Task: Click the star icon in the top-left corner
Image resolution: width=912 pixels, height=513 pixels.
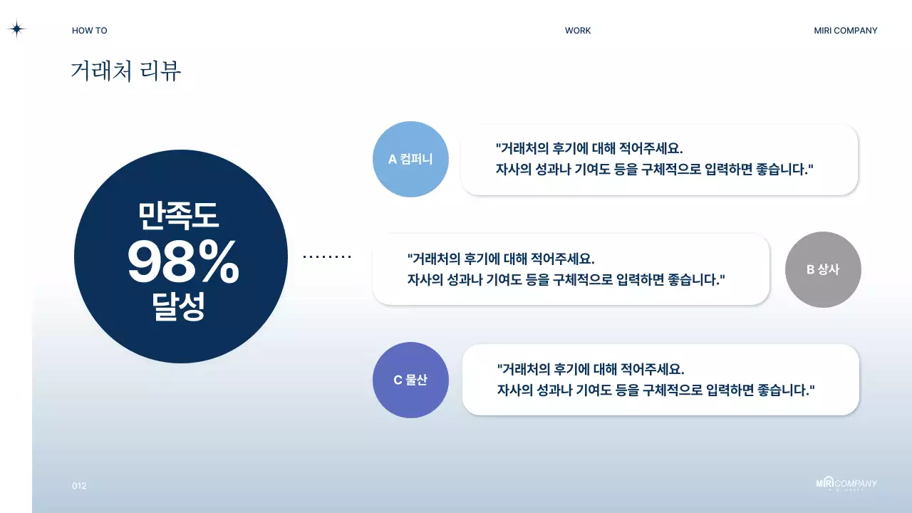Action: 16,29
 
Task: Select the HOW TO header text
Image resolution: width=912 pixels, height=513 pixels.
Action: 90,31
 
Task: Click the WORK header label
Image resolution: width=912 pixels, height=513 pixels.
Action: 578,31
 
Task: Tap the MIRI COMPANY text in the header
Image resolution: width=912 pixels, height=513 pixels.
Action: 846,31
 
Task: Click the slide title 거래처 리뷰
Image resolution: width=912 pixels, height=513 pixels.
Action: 126,71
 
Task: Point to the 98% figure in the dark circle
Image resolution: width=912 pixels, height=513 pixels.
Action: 182,262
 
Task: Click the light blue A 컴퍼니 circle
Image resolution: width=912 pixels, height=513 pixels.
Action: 410,159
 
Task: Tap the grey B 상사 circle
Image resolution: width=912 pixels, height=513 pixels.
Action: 823,269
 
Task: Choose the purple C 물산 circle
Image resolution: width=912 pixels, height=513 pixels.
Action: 410,380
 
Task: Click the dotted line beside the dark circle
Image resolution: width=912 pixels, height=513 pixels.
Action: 327,256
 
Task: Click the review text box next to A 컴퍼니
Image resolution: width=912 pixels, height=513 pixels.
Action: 659,159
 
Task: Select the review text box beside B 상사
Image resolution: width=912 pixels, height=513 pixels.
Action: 570,269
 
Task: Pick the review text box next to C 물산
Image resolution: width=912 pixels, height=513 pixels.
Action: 660,380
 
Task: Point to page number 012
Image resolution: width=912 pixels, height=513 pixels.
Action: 79,486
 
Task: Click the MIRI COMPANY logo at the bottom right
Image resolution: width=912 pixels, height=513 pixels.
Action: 846,484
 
